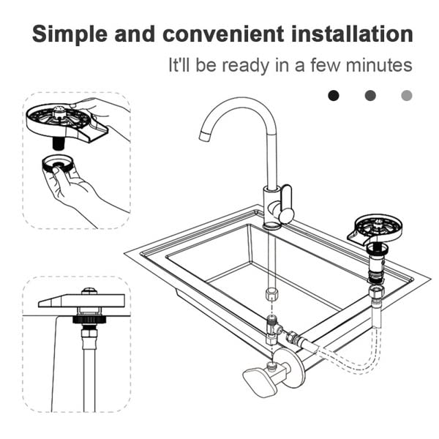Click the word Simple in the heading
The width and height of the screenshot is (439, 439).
click(x=70, y=34)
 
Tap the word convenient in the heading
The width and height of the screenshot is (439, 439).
click(x=223, y=34)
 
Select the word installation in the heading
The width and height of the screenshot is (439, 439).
click(x=352, y=34)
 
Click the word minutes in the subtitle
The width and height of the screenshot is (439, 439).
click(x=379, y=65)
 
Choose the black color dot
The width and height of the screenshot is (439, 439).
click(x=334, y=95)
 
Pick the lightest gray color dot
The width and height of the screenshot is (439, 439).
click(x=407, y=95)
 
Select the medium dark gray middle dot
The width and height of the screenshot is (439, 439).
click(x=370, y=95)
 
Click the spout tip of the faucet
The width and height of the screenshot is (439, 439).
click(x=204, y=137)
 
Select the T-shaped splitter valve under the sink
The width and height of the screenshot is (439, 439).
click(x=274, y=329)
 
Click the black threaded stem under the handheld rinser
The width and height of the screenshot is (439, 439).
click(x=59, y=144)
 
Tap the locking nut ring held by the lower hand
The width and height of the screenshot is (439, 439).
click(x=58, y=164)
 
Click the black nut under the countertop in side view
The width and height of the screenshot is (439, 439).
click(x=89, y=319)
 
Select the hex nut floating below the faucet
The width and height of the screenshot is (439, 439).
click(x=271, y=294)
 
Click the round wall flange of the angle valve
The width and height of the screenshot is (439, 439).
click(x=292, y=367)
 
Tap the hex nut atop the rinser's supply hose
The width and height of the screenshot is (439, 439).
click(x=375, y=293)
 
